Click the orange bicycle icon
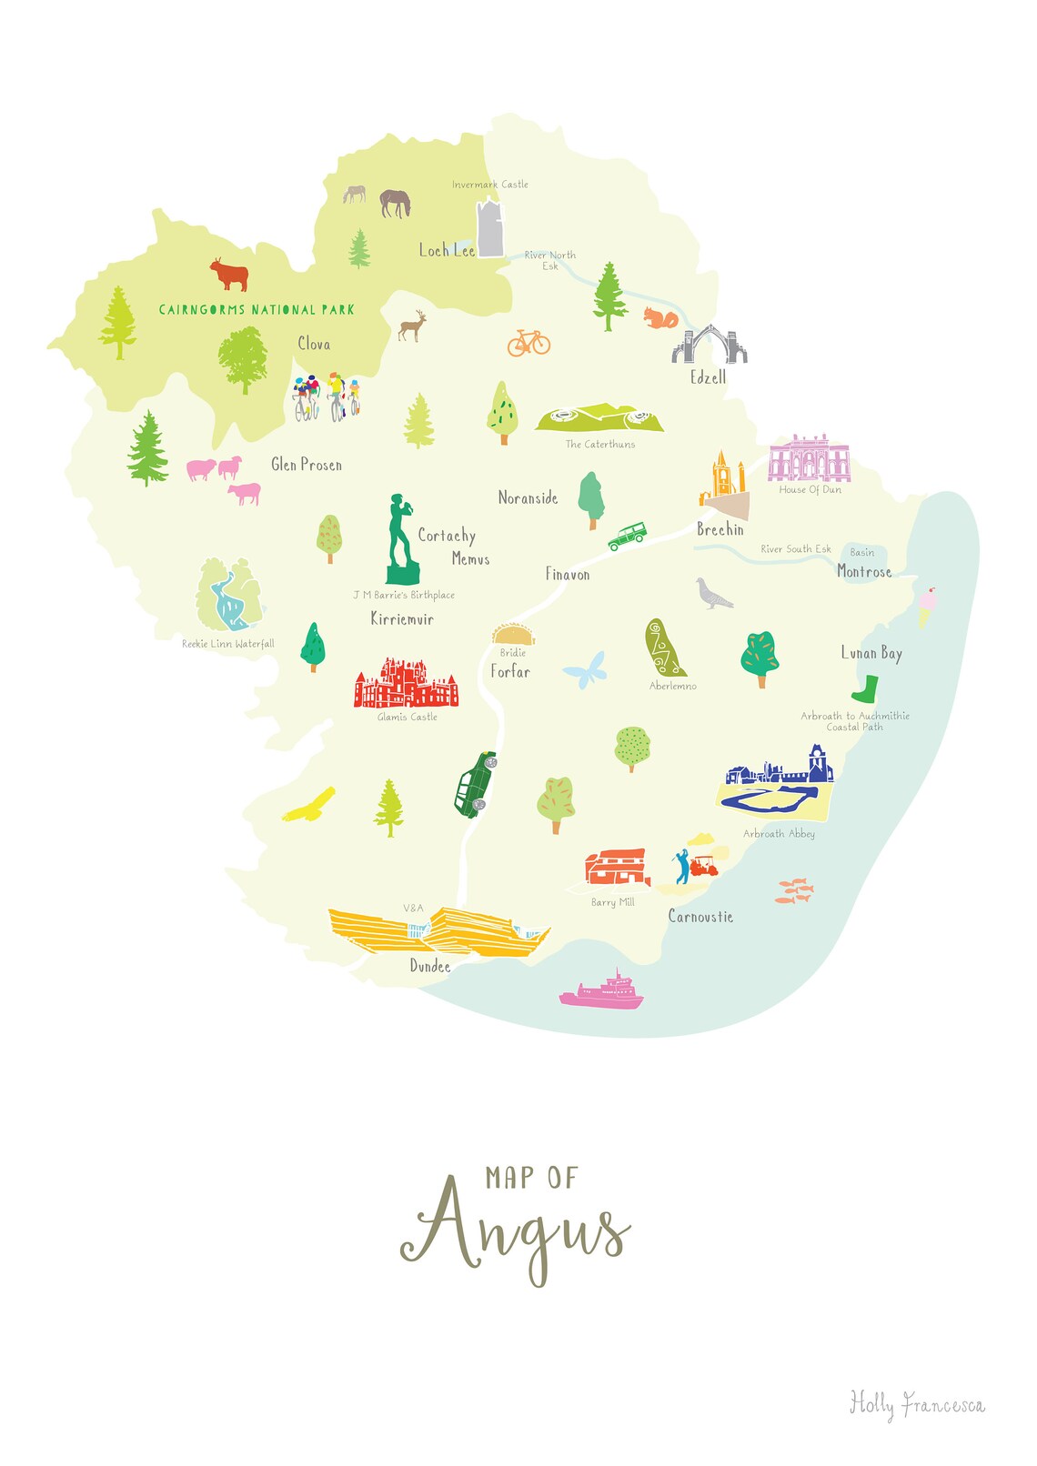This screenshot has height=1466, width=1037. click(x=529, y=343)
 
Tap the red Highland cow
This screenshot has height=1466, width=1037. click(x=229, y=274)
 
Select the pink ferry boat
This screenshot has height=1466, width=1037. click(x=601, y=991)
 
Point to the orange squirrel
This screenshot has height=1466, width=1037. click(x=661, y=318)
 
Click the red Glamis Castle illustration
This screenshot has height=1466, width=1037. click(x=406, y=684)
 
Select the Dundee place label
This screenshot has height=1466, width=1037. click(x=429, y=966)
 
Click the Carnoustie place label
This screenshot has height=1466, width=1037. click(x=700, y=917)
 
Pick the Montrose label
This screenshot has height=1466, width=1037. click(x=863, y=572)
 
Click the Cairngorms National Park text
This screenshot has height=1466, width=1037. click(x=257, y=310)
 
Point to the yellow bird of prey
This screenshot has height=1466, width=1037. click(x=309, y=806)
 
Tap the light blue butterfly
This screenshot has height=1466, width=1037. click(x=584, y=670)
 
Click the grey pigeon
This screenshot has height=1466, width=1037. click(x=713, y=593)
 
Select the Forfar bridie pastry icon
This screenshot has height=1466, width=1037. click(x=513, y=634)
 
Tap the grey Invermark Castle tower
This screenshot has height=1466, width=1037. click(x=490, y=228)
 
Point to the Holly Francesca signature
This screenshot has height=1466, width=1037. click(x=916, y=1405)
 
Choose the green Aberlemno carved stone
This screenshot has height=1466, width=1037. click(x=664, y=648)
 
